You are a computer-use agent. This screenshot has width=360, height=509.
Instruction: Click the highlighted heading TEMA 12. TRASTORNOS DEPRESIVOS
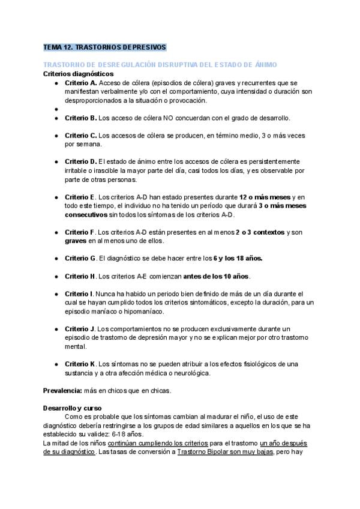[105, 47]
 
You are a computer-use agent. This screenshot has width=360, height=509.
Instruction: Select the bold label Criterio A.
[80, 82]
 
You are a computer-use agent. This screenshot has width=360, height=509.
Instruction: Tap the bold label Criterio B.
[80, 118]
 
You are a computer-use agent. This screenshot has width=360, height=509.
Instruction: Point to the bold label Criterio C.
[80, 136]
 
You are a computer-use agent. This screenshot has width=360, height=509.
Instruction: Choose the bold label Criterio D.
[80, 162]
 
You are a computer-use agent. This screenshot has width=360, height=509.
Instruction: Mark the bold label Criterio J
[80, 329]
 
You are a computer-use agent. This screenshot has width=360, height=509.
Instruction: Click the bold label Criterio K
[80, 364]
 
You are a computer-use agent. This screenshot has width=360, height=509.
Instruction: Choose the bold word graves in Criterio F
[76, 241]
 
